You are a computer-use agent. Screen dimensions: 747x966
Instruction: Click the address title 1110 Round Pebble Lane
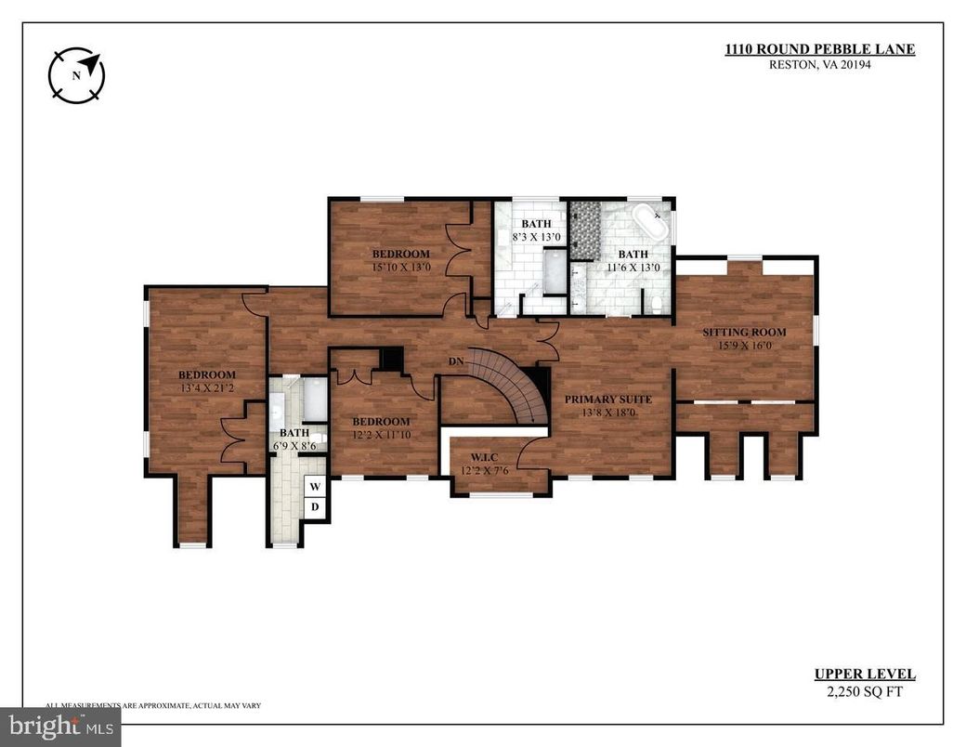click(819, 49)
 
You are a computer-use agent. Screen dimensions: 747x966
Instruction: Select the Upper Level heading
click(865, 675)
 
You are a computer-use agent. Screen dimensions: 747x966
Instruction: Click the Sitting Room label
click(744, 332)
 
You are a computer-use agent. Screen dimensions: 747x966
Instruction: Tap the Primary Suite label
click(608, 399)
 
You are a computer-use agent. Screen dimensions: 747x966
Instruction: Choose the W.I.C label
click(484, 456)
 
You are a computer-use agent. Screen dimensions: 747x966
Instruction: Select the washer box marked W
click(315, 486)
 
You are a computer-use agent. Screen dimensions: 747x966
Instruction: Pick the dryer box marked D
click(315, 506)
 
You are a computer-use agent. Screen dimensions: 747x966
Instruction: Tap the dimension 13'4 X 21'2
click(206, 387)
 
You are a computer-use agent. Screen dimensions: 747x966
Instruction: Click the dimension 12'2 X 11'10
click(381, 434)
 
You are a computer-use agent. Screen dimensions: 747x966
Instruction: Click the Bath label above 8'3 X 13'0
click(536, 224)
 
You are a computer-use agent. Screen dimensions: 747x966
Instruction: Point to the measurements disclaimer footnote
click(153, 706)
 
